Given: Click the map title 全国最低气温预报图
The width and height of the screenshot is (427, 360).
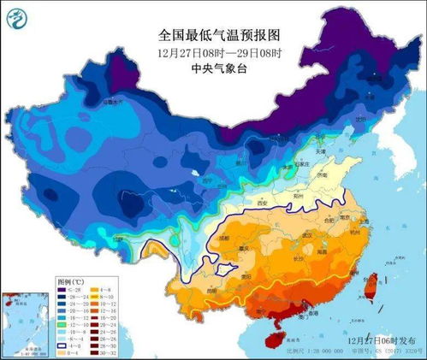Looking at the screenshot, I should pyautogui.click(x=219, y=35).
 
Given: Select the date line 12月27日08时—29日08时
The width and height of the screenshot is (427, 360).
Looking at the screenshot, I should pyautogui.click(x=219, y=53).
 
